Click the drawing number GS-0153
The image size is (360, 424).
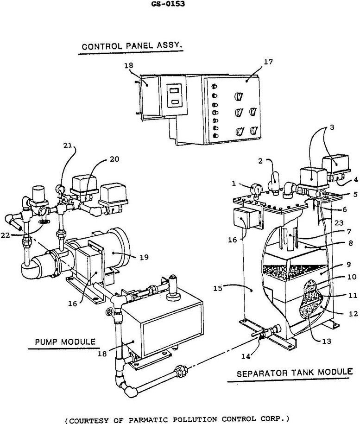pos(168,4)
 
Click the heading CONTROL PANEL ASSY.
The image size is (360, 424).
pos(132,46)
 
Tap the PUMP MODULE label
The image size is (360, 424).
pos(65,342)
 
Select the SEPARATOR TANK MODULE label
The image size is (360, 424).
pos(295,373)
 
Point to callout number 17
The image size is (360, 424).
pos(268,62)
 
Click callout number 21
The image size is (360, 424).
pos(68,146)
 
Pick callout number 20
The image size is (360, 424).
pos(114,159)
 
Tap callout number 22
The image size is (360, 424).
pos(5,235)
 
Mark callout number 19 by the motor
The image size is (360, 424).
pos(144,257)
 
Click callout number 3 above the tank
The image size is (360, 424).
pos(332,127)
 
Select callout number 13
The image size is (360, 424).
pos(327,341)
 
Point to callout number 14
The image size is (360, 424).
pos(246,356)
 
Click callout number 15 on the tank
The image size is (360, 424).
pos(218,288)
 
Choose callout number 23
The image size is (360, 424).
pos(339,223)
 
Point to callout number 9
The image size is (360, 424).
pos(348,264)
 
